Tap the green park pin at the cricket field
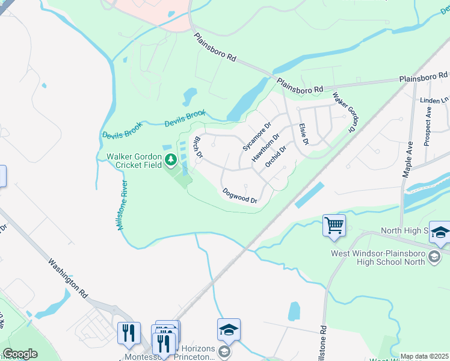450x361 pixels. click(171, 159)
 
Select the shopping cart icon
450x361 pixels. click(334, 226)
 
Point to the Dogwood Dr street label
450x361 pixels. click(240, 196)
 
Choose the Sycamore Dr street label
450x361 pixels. click(257, 137)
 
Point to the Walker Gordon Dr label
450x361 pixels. click(345, 113)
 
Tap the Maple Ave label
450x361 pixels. click(407, 159)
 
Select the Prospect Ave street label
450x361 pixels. click(427, 126)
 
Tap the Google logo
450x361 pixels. click(20, 354)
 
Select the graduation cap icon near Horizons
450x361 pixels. click(229, 330)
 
